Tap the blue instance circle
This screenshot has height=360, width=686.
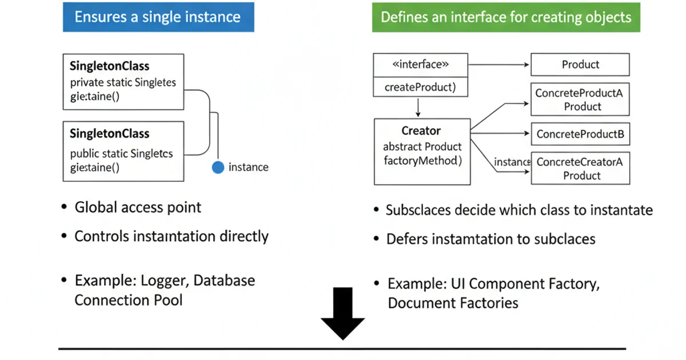point(218,167)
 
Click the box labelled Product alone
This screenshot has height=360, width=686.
point(580,65)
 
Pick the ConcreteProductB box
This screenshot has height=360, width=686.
point(580,135)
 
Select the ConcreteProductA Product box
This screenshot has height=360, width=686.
point(580,99)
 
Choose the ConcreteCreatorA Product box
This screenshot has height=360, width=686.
point(580,169)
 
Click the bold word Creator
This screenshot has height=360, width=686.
point(421,131)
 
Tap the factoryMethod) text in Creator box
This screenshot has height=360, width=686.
point(422,161)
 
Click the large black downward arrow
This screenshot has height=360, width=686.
point(342,313)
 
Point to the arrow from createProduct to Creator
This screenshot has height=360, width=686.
point(418,107)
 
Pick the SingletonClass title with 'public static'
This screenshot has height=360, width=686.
point(109,134)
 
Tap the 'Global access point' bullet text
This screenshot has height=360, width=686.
point(138,207)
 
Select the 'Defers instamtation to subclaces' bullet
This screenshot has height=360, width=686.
point(490,239)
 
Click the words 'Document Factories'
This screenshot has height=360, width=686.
point(453,302)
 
